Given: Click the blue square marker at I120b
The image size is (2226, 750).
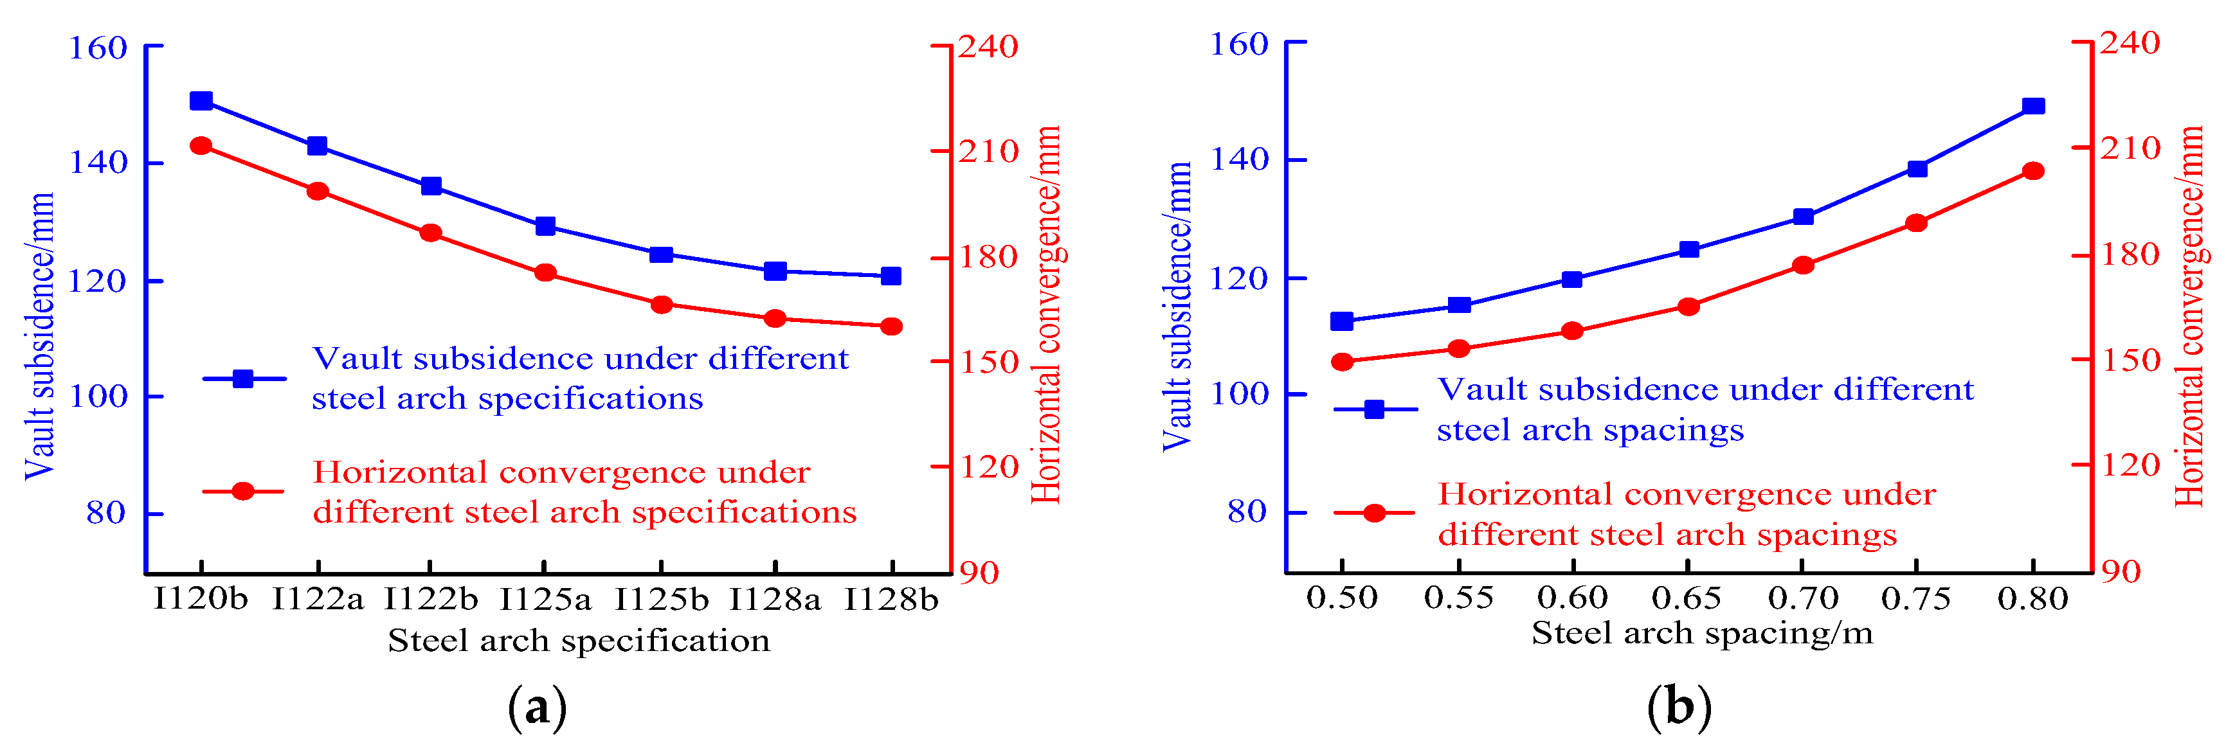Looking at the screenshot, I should [201, 101].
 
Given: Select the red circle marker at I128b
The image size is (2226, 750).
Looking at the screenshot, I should [891, 326].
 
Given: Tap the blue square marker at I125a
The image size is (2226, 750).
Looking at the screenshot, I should [545, 226].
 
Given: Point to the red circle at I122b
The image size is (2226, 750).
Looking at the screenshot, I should [430, 233].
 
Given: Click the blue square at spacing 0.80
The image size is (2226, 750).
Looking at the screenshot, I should [2033, 106].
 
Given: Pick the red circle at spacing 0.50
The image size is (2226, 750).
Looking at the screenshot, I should [1342, 362].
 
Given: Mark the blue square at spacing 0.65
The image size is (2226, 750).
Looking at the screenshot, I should [1688, 250].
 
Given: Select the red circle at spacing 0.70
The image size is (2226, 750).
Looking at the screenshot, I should [1802, 265].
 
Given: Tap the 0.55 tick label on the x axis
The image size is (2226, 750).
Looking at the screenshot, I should [1459, 598].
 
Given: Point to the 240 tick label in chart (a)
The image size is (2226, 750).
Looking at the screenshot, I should [988, 47].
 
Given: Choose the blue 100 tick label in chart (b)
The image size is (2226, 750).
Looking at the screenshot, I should [1238, 395].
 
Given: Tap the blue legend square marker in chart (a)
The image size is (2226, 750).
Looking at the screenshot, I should [244, 379].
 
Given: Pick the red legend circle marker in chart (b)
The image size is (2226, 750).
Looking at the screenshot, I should [1374, 513].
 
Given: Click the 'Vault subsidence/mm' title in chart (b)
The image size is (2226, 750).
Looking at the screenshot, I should [1177, 307].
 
